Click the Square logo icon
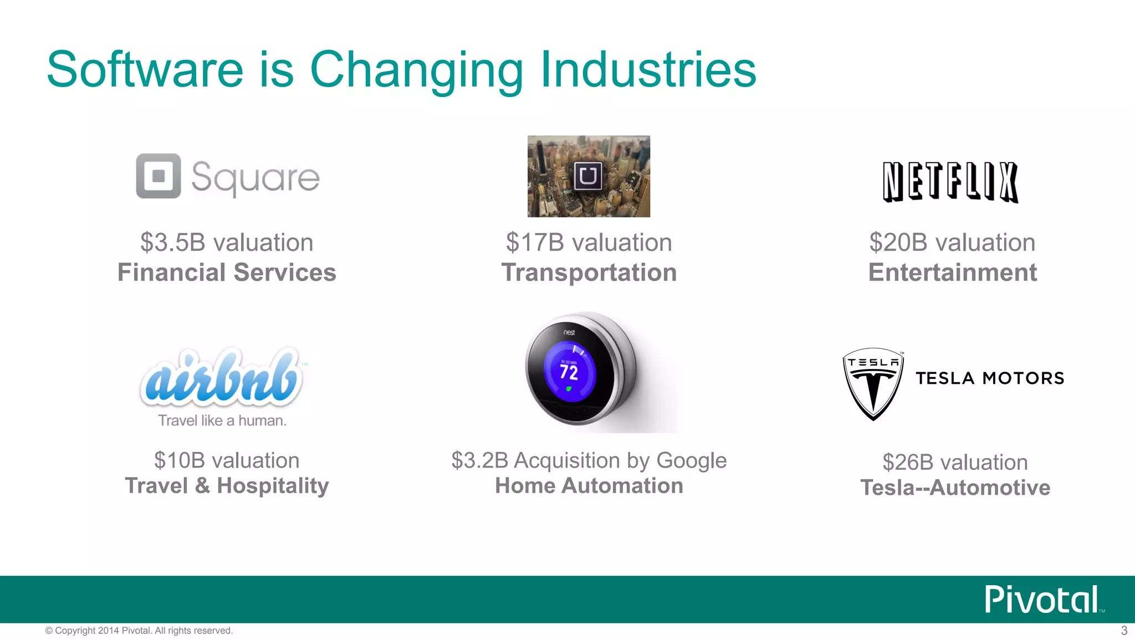[159, 176]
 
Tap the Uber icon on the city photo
[587, 176]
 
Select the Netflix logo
[950, 182]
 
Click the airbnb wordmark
[222, 377]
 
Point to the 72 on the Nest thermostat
[569, 372]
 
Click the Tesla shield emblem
[873, 383]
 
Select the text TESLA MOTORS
[990, 378]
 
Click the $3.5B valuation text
[227, 242]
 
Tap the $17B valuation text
[589, 242]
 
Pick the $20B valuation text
[952, 242]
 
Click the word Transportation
[589, 272]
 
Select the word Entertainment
[952, 272]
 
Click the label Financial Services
[227, 272]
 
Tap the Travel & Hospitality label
[227, 485]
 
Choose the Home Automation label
[589, 485]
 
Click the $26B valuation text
[955, 462]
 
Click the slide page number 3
[1124, 631]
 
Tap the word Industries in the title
[648, 69]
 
